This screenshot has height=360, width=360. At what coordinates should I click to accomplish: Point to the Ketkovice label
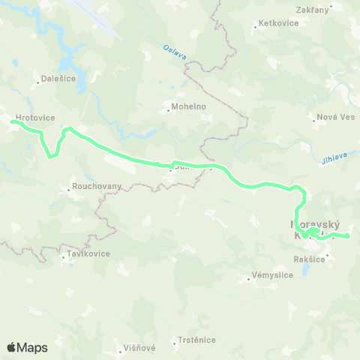coord(277,23)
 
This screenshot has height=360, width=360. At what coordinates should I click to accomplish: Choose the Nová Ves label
coord(334,117)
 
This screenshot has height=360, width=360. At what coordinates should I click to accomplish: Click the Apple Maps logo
coord(27,347)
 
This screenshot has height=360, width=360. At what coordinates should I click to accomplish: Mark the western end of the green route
coord(12,121)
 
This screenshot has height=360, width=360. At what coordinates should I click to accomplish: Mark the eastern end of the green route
coord(348,237)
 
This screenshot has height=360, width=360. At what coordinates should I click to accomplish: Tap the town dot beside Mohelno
coord(168,112)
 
